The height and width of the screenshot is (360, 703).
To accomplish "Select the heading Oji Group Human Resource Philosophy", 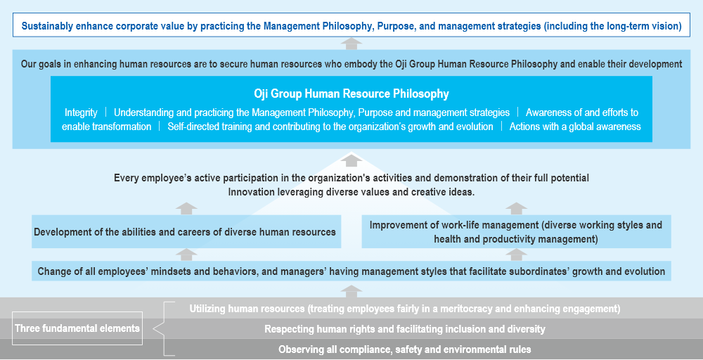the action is pyautogui.click(x=351, y=94).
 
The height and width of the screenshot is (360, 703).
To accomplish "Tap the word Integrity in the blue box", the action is pyautogui.click(x=81, y=112).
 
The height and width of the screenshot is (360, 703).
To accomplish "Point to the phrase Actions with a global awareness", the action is pyautogui.click(x=575, y=127).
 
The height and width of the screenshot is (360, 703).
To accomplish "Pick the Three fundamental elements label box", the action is pyautogui.click(x=77, y=328).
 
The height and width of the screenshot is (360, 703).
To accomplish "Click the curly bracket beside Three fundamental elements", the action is pyautogui.click(x=164, y=328).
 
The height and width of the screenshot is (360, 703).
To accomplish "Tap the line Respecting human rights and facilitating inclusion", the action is pyautogui.click(x=405, y=329).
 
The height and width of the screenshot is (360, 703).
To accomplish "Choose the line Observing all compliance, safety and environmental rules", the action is pyautogui.click(x=405, y=349).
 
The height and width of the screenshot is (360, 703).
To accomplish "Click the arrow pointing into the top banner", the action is pyautogui.click(x=351, y=44).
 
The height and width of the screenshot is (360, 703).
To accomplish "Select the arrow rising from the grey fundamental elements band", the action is pyautogui.click(x=351, y=291).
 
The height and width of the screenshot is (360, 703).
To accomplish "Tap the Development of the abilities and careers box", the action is pyautogui.click(x=186, y=232).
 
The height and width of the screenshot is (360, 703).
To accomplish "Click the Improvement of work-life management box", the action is pyautogui.click(x=517, y=232).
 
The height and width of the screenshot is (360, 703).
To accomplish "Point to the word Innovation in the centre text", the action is pyautogui.click(x=250, y=192).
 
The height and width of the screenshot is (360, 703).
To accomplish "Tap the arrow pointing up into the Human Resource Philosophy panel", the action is pyautogui.click(x=351, y=160).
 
